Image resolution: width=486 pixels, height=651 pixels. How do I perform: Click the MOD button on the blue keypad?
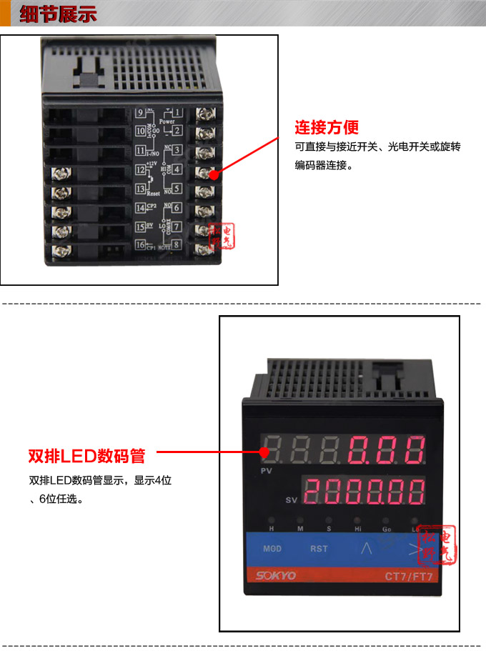click(x=272, y=549)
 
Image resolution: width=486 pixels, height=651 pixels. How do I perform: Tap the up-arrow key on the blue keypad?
click(x=367, y=549)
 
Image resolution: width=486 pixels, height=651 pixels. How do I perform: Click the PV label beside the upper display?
click(x=267, y=472)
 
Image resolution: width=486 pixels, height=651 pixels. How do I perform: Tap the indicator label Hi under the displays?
click(x=357, y=528)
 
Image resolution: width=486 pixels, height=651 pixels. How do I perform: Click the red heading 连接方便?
click(x=327, y=128)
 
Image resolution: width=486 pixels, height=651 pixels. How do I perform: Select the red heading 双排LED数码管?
click(x=86, y=455)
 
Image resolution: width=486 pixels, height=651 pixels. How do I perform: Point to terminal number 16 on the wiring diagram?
click(x=140, y=245)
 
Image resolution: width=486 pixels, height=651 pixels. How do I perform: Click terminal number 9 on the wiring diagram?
click(x=140, y=112)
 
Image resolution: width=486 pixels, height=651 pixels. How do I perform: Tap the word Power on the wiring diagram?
click(x=167, y=121)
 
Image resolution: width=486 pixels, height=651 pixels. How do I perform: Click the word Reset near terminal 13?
click(x=152, y=194)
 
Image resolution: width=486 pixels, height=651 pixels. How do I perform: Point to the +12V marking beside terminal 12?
click(x=151, y=164)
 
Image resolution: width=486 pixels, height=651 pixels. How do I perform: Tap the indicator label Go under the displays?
click(x=385, y=528)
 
